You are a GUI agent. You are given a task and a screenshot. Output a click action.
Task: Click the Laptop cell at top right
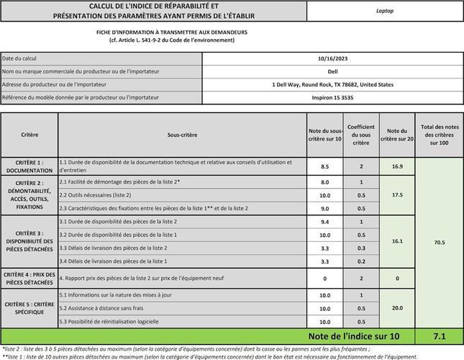(385, 12)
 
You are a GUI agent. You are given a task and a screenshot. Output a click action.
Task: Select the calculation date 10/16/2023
(333, 58)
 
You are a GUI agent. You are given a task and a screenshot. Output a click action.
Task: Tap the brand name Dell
(333, 71)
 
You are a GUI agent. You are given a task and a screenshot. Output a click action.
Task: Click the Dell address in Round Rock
(333, 84)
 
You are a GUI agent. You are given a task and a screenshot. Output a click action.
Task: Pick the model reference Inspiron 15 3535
(333, 97)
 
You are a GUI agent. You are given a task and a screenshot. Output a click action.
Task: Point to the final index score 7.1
(439, 336)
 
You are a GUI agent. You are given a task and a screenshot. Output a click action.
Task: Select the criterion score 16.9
(397, 166)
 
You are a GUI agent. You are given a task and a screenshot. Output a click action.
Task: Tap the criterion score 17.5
(397, 195)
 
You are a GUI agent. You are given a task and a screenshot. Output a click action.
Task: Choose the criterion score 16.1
(397, 241)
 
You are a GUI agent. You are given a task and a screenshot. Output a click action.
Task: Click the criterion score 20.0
(397, 308)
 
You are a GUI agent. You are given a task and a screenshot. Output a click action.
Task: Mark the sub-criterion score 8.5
(324, 166)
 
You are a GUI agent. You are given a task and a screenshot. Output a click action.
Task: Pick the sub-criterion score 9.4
(324, 222)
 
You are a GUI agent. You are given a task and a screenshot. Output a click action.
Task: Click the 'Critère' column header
(29, 135)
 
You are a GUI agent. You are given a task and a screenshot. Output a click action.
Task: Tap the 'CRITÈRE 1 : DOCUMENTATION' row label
(29, 166)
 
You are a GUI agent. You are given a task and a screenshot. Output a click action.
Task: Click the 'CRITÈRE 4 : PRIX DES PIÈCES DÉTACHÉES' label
(29, 278)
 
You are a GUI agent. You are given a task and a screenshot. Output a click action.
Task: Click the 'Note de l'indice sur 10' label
(352, 336)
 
